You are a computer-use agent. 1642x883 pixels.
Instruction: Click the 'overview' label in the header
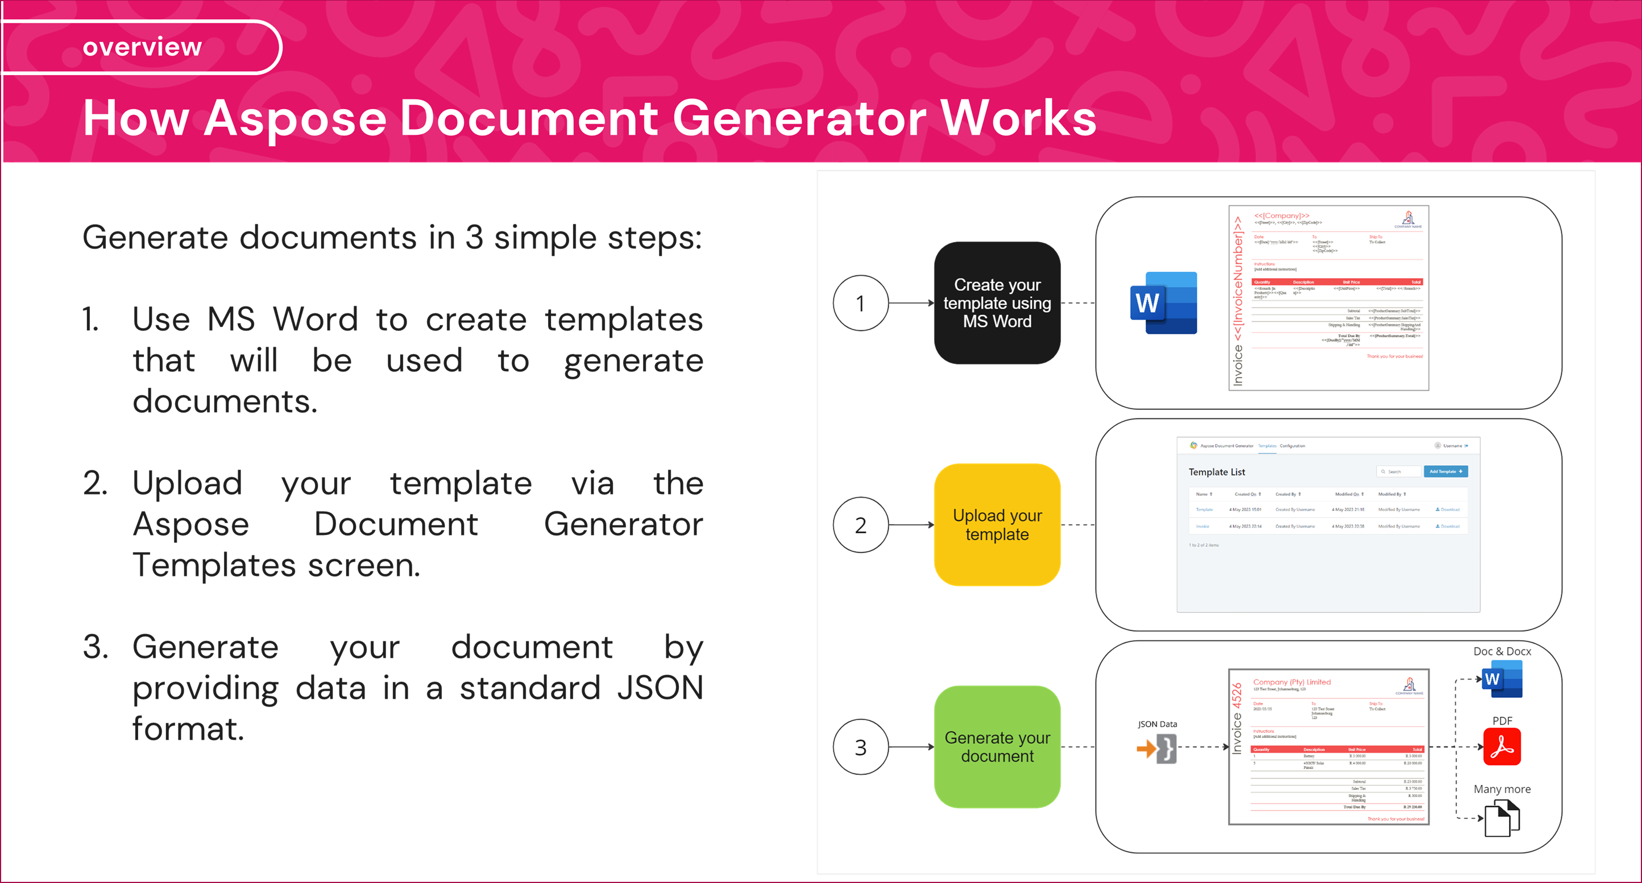[142, 47]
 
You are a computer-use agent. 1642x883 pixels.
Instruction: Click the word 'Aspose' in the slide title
[295, 119]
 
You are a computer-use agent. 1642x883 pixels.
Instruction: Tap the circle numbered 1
[860, 303]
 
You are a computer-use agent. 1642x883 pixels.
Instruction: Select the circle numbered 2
[860, 525]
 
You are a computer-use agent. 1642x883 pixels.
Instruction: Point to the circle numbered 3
[860, 747]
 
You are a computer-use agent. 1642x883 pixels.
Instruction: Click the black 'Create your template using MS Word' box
[997, 303]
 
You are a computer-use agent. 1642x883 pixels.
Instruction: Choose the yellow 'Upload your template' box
[997, 525]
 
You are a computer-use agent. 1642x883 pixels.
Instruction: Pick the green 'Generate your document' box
[997, 747]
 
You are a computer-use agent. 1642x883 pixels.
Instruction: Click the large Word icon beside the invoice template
[1163, 303]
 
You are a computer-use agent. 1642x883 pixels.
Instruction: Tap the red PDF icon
[1502, 747]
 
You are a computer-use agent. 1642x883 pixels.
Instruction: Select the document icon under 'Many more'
[1502, 819]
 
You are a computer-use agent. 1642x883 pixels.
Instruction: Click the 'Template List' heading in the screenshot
[1216, 472]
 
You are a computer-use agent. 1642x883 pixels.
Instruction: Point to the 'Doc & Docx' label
[1502, 651]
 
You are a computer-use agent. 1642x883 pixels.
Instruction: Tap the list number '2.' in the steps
[95, 483]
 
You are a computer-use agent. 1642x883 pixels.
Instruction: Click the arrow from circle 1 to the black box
[911, 303]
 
